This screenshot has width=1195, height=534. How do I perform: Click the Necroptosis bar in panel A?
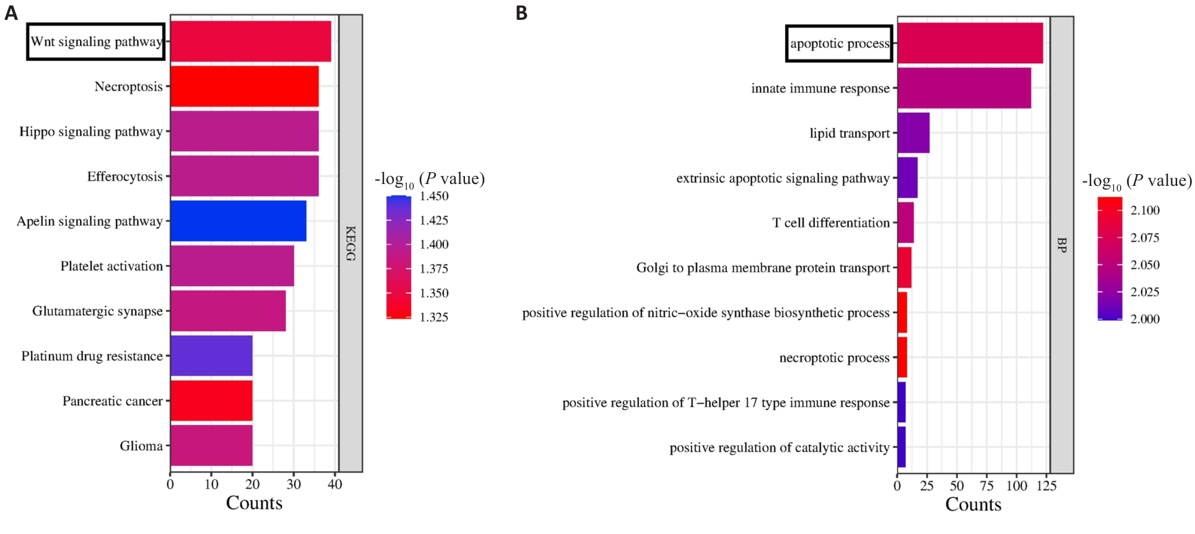[x=245, y=86]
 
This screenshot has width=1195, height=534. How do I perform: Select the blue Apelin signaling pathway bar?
[x=238, y=221]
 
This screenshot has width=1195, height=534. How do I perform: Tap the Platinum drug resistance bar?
[x=211, y=356]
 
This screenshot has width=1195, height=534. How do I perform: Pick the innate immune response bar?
[x=964, y=88]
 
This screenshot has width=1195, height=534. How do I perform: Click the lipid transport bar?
[x=913, y=133]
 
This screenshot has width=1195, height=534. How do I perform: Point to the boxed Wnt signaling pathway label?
[x=96, y=42]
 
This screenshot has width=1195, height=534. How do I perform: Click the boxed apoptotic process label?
[x=839, y=43]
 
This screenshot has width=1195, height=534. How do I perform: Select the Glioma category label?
[x=141, y=446]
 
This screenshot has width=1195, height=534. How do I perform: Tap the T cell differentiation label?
[x=831, y=223]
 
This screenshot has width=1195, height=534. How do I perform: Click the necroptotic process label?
[x=834, y=358]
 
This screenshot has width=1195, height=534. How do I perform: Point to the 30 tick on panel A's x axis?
[x=293, y=484]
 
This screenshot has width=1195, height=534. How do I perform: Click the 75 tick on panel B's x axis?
[x=987, y=486]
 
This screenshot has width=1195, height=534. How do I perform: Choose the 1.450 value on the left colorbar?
[x=434, y=196]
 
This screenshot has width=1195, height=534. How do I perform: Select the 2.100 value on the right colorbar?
[x=1145, y=211]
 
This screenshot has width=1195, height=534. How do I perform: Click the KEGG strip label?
[x=350, y=243]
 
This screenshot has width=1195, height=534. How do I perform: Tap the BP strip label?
[x=1061, y=245]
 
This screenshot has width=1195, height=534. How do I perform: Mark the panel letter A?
[x=11, y=13]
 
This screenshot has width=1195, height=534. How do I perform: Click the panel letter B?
[x=522, y=13]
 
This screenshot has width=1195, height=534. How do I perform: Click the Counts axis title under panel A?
[x=254, y=503]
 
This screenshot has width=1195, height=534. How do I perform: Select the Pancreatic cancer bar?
[x=211, y=401]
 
